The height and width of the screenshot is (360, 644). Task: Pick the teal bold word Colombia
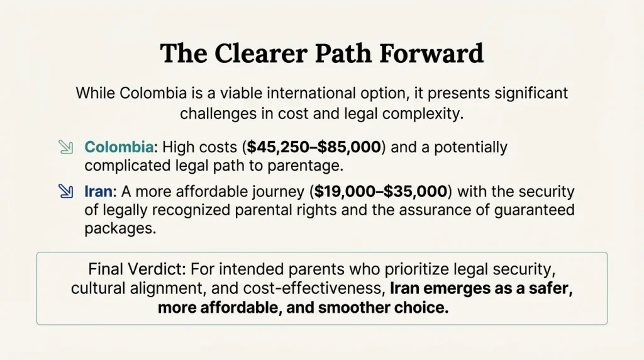119,148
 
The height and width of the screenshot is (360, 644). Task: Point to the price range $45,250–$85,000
314,148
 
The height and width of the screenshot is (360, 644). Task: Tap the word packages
119,228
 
